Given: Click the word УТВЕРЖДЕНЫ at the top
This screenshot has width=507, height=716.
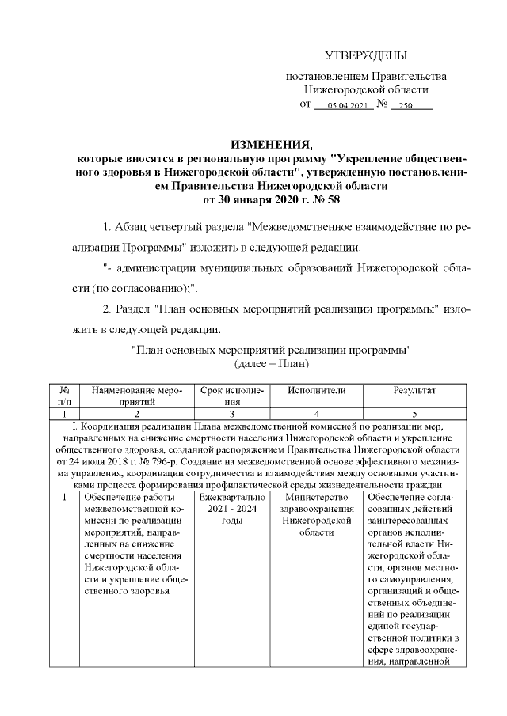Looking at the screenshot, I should tap(366, 55).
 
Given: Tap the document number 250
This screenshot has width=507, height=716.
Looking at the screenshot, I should tap(406, 106).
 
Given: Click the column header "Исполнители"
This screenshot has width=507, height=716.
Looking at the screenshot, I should tap(317, 391).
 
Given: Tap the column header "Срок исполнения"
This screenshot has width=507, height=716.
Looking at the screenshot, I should tap(231, 396).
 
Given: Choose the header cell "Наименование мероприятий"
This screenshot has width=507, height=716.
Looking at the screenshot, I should tap(136, 396).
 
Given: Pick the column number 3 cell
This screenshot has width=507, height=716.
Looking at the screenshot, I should tap(231, 413).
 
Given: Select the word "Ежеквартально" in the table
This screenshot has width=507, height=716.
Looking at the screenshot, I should tap(231, 497).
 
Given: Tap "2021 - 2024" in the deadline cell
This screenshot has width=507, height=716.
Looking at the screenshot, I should tap(231, 510).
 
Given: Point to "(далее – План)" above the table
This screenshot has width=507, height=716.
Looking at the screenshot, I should tap(271, 363).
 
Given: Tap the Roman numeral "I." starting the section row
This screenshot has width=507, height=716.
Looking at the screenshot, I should tap(74, 428).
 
